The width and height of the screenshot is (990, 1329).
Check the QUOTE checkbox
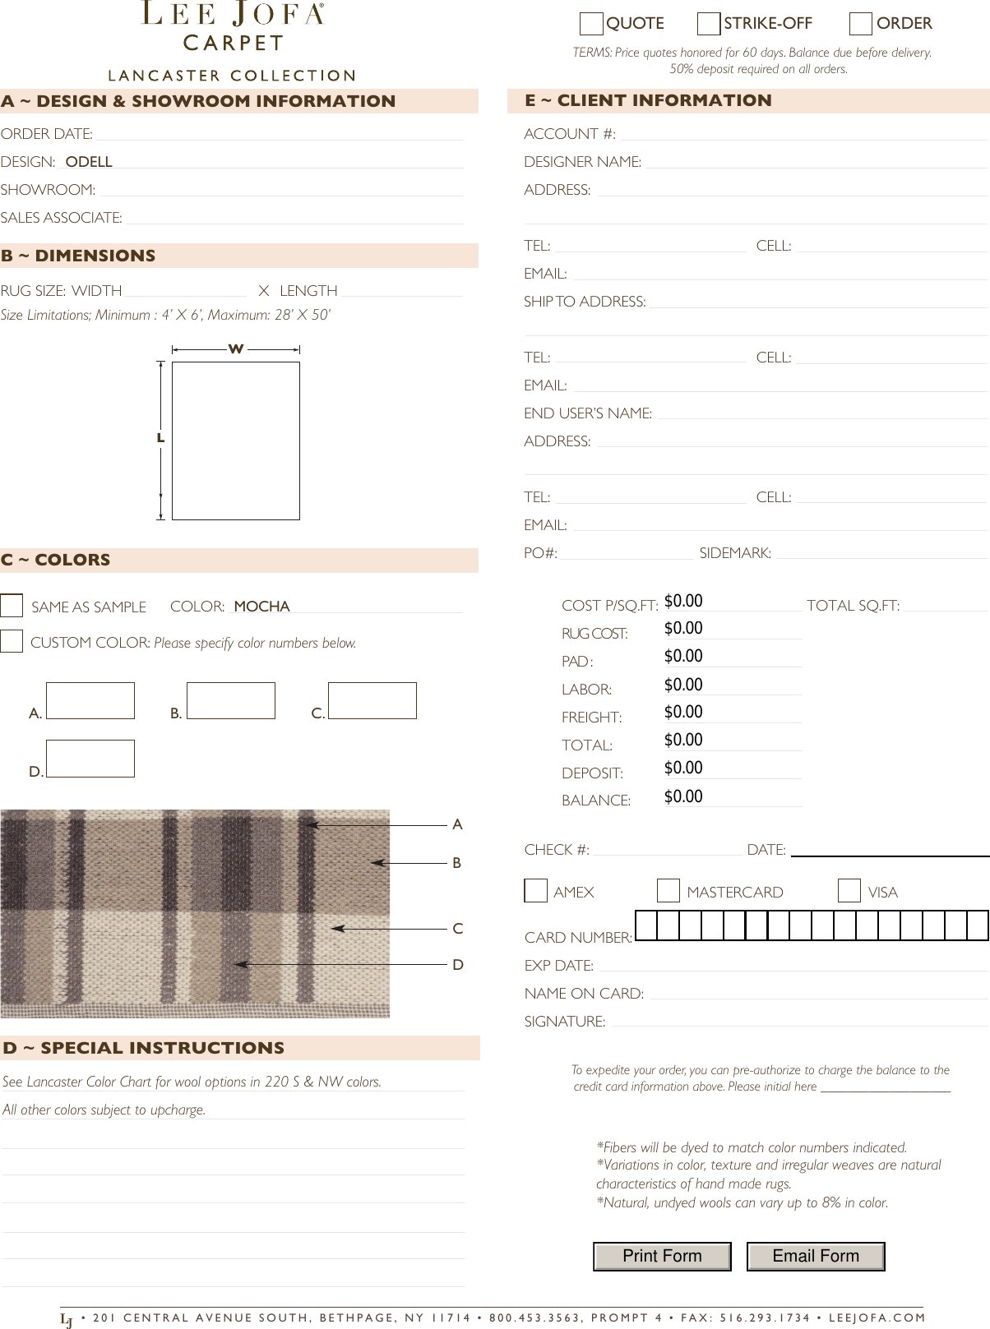click(591, 25)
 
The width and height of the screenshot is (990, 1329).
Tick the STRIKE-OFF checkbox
click(709, 25)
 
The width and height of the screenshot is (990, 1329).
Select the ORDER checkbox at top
click(861, 25)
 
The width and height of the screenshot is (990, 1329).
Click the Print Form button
click(662, 1257)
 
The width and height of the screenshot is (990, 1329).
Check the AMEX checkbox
click(536, 891)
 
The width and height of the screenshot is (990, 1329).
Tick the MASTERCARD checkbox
click(668, 891)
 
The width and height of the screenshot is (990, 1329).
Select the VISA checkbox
click(849, 891)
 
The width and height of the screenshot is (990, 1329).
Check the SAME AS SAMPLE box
click(12, 606)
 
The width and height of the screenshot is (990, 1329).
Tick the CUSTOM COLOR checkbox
click(12, 641)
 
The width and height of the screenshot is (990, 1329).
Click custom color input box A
click(90, 701)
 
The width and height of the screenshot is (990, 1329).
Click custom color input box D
click(90, 759)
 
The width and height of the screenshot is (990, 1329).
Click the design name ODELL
click(89, 162)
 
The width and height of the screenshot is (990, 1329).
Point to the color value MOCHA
click(261, 607)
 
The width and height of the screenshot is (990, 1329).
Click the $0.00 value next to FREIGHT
click(683, 713)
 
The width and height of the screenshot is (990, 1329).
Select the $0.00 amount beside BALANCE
click(683, 796)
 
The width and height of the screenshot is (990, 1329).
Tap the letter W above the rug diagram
click(236, 349)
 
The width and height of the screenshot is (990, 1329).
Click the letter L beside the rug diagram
click(161, 439)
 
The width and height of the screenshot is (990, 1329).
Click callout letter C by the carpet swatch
click(458, 929)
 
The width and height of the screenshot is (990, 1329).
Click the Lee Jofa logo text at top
click(233, 14)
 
